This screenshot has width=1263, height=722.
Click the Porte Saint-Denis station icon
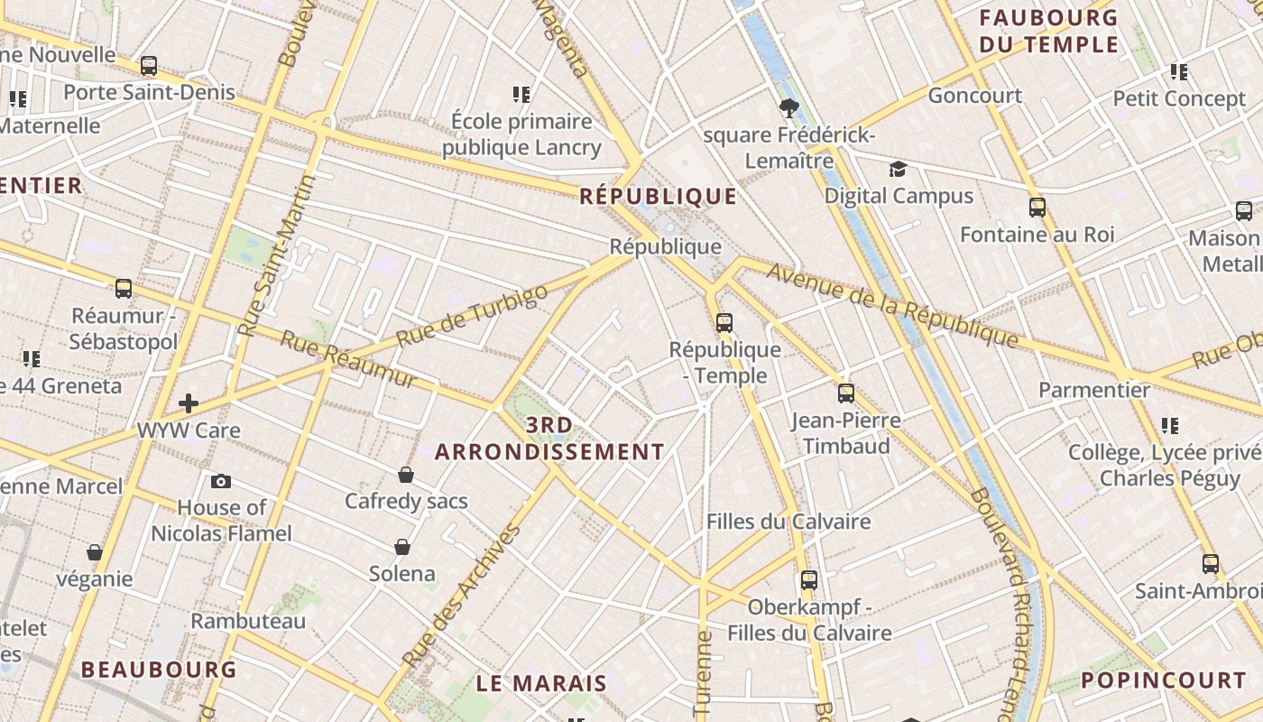149,66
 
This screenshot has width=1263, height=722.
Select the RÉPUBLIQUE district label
659,196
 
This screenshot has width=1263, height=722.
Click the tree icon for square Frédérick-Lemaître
789,109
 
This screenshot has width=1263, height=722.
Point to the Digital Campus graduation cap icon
898,170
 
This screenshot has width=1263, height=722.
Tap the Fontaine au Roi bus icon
1037,208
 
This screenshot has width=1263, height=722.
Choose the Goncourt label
974,95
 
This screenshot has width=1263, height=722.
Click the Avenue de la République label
892,305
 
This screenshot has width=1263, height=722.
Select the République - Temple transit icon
724,322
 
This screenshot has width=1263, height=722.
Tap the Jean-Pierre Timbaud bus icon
846,393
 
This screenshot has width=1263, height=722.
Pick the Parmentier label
1094,390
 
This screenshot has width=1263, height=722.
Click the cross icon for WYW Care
189,403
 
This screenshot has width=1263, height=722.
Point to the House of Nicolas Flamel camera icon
221,481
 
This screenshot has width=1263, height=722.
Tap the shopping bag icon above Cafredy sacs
406,475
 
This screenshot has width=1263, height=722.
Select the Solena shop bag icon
402,547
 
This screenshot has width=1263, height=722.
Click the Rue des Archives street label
461,596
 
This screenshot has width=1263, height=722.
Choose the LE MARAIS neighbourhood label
541,683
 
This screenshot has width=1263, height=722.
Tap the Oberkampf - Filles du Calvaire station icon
809,580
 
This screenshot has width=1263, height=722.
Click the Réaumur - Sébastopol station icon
124,289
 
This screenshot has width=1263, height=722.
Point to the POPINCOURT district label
1164,680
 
